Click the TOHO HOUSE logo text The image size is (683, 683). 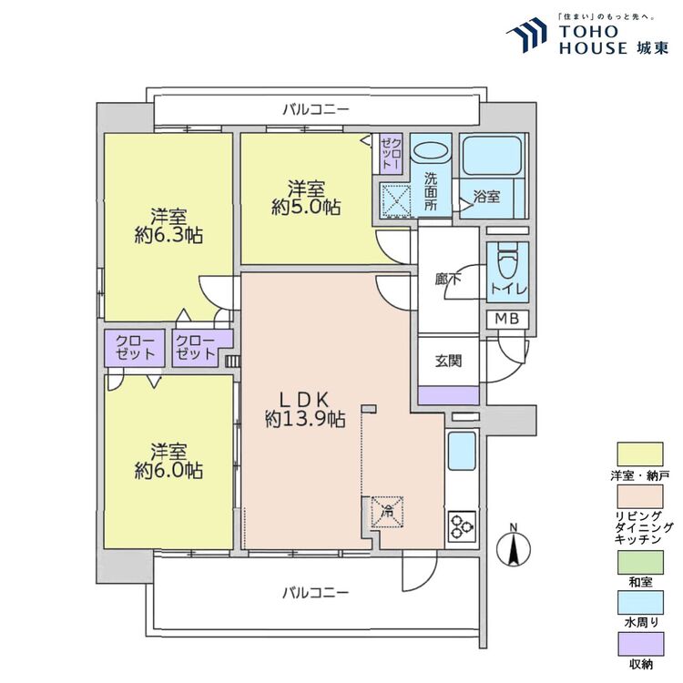click(x=614, y=39)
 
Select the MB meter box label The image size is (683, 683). click(x=507, y=320)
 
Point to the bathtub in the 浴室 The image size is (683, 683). click(x=493, y=156)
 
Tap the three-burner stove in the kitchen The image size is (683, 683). click(x=462, y=526)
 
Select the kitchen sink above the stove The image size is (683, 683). click(x=462, y=451)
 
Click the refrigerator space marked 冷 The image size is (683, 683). click(x=387, y=512)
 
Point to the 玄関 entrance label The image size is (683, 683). click(x=448, y=361)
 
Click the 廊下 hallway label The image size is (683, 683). click(x=448, y=279)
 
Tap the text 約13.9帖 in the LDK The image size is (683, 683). click(x=305, y=420)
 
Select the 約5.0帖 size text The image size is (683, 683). click(x=306, y=207)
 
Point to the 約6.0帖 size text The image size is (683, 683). click(x=168, y=471)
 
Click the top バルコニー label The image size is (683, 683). click(x=316, y=109)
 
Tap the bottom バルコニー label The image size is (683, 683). click(x=316, y=593)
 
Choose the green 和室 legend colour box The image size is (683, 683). click(x=640, y=562)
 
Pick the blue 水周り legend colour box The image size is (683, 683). click(x=640, y=603)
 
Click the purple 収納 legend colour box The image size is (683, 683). click(x=640, y=644)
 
